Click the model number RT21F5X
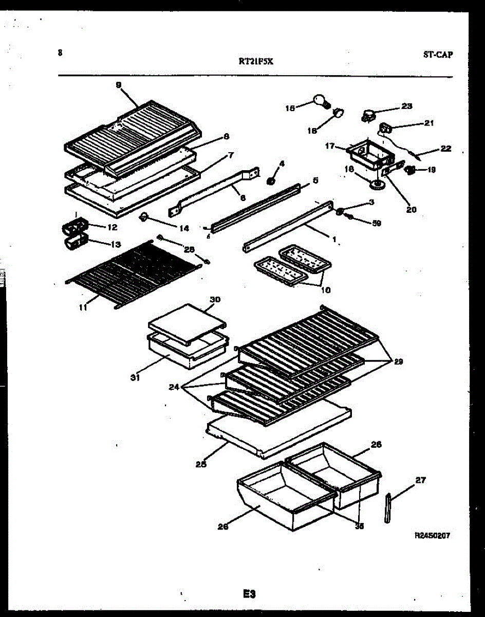tap(256, 61)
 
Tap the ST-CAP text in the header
tap(438, 55)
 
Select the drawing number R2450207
tap(432, 535)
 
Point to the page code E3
tap(249, 594)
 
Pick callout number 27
tap(420, 481)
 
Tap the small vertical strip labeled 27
tap(387, 507)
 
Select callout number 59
tap(376, 223)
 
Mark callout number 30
tap(215, 299)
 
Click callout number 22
tap(445, 149)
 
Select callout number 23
tap(406, 106)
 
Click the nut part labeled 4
tap(270, 180)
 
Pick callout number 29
tap(398, 361)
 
